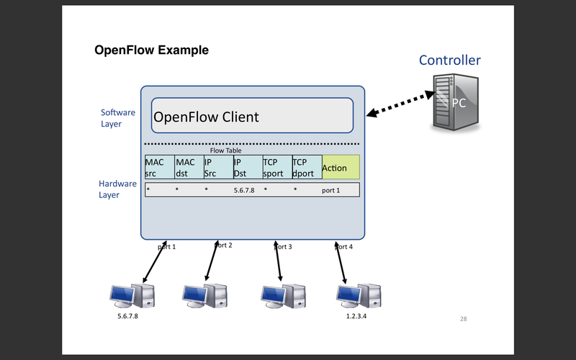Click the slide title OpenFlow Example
pyautogui.click(x=152, y=50)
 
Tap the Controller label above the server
pyautogui.click(x=450, y=60)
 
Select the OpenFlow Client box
pyautogui.click(x=252, y=116)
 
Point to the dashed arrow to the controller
pyautogui.click(x=397, y=103)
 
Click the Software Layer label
pyautogui.click(x=117, y=118)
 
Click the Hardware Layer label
pyautogui.click(x=117, y=189)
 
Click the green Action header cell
pyautogui.click(x=340, y=168)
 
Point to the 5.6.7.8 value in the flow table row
pyautogui.click(x=245, y=190)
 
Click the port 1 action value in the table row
pyautogui.click(x=330, y=190)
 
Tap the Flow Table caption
pyautogui.click(x=225, y=150)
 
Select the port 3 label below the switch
pyautogui.click(x=284, y=246)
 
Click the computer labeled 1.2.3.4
pyautogui.click(x=359, y=295)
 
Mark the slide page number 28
pyautogui.click(x=463, y=318)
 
